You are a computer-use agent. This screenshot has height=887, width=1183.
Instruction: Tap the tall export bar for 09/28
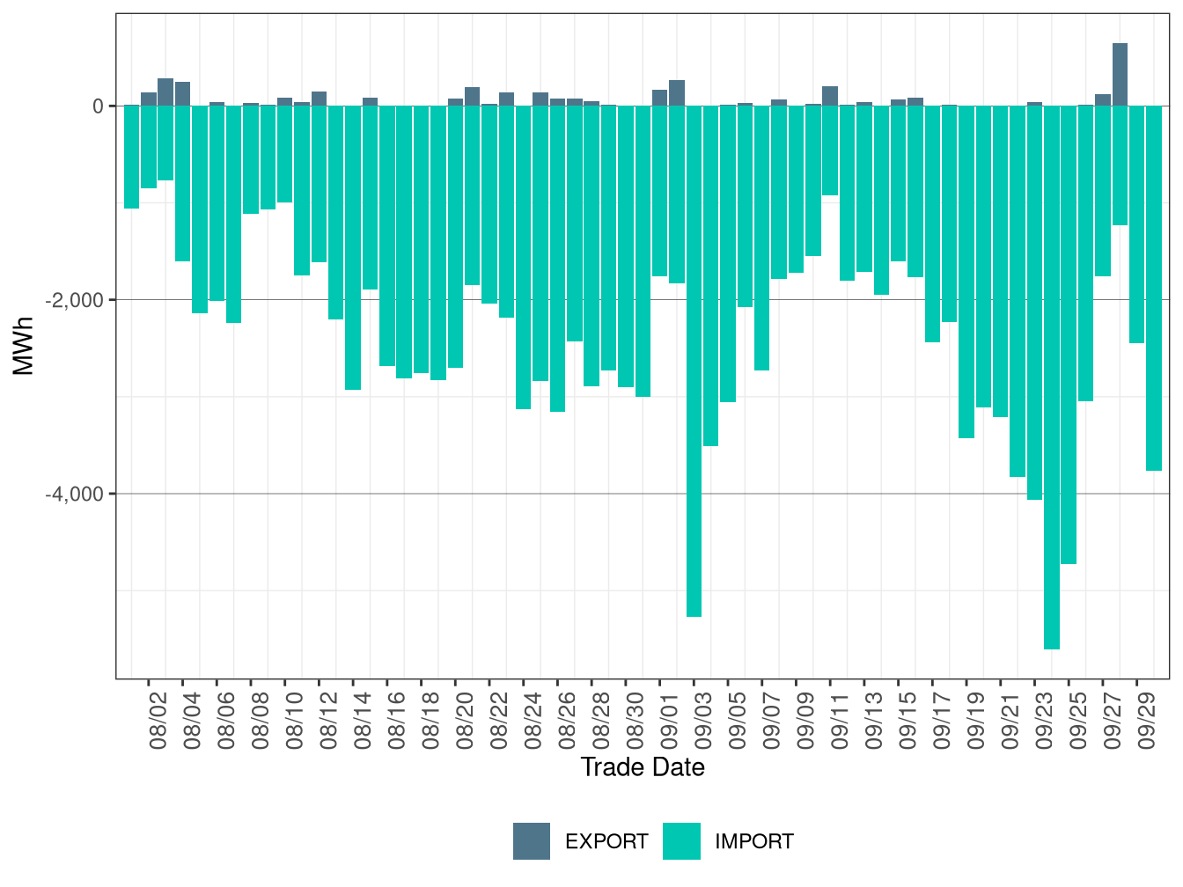(1120, 75)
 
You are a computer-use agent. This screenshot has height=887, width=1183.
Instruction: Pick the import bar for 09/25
(1069, 334)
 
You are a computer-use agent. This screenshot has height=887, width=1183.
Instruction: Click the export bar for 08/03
(165, 92)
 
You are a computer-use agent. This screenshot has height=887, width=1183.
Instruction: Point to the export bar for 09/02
(677, 93)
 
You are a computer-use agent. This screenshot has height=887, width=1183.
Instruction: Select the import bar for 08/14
(353, 247)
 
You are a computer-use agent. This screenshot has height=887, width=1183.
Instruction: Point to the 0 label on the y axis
(98, 106)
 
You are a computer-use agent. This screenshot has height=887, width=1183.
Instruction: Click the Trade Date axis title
(643, 767)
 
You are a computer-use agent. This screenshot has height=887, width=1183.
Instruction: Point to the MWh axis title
(24, 346)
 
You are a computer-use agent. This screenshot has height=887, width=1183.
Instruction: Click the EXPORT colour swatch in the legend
(532, 841)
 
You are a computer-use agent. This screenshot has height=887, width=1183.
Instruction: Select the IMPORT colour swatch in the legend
(681, 841)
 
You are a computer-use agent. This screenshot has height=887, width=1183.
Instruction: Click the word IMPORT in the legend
(754, 842)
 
